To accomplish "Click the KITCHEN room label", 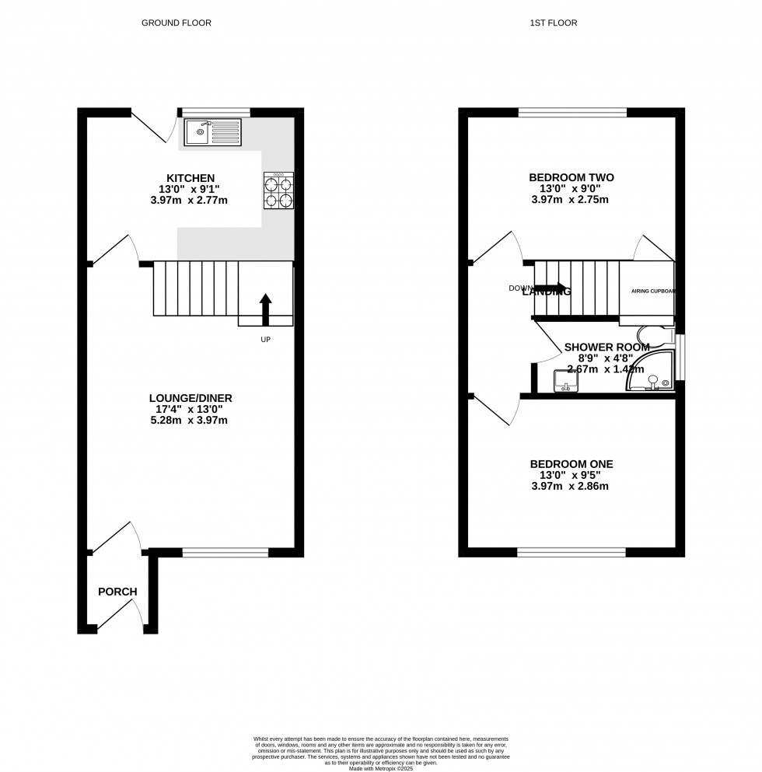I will [x=190, y=178].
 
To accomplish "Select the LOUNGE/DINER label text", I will [x=190, y=398].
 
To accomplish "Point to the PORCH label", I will [x=117, y=592].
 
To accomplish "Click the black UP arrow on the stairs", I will [x=266, y=308].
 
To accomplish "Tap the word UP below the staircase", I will [x=266, y=340].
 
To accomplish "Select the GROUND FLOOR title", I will [x=176, y=23].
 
